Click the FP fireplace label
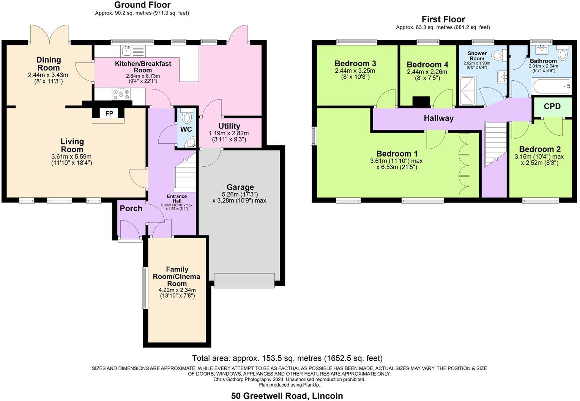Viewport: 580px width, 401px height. (109, 113)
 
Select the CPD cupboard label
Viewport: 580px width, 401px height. (552, 107)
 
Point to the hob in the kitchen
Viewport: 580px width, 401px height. (121, 94)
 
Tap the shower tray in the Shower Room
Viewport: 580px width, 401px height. (468, 91)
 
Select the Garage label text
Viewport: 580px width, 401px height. (240, 187)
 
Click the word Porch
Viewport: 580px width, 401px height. (131, 208)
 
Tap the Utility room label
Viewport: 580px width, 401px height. (229, 126)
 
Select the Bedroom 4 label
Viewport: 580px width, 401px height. (427, 65)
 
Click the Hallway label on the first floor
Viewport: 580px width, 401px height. (438, 119)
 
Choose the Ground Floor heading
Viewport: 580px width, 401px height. (142, 5)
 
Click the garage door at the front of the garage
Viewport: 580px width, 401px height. (244, 280)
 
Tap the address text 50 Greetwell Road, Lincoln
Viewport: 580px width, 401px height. (287, 396)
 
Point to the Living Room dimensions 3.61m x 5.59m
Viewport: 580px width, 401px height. (72, 157)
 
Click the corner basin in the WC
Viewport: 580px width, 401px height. (191, 143)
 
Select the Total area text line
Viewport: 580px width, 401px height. (287, 358)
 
